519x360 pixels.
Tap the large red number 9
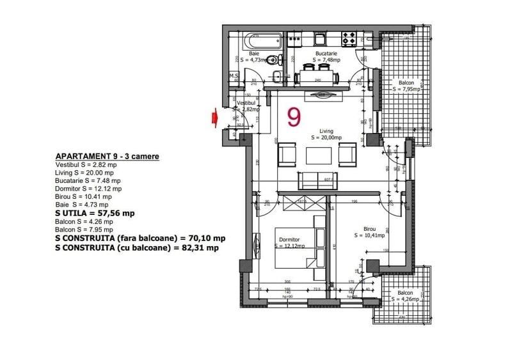294,116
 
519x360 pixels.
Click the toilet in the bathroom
274,61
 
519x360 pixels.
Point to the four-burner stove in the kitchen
349,39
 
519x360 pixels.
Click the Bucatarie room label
326,54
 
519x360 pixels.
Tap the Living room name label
326,131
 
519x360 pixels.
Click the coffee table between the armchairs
319,156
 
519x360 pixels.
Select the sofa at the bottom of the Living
319,178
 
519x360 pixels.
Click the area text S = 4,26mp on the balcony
405,299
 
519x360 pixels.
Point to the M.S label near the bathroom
234,76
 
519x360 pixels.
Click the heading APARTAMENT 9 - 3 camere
108,156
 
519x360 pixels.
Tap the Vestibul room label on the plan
246,103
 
